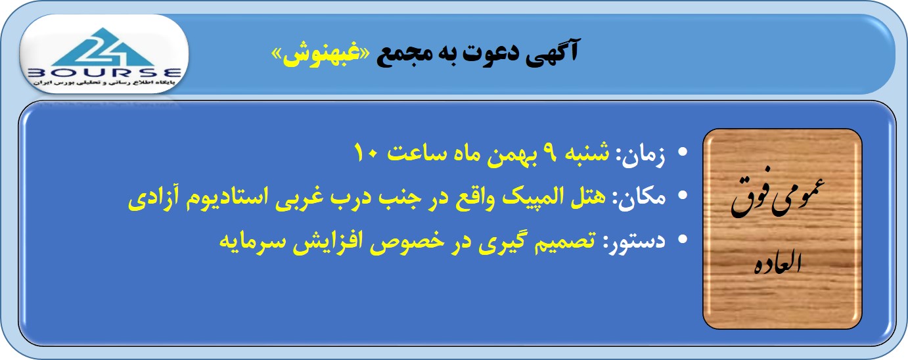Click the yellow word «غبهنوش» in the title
(x=320, y=55)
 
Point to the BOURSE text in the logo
(x=104, y=73)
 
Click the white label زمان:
(x=641, y=155)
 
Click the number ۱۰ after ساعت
(x=367, y=152)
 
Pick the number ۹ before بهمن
(x=549, y=152)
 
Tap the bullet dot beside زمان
(x=683, y=152)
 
